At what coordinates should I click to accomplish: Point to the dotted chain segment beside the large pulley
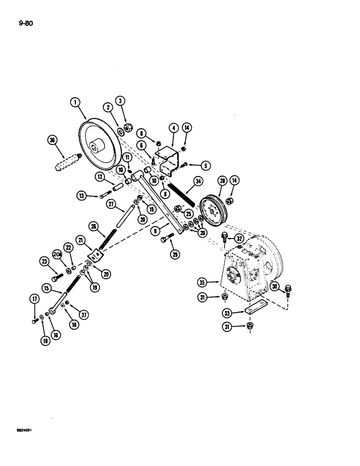pyautogui.click(x=67, y=161)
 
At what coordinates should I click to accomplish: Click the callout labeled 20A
pyautogui.click(x=57, y=254)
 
